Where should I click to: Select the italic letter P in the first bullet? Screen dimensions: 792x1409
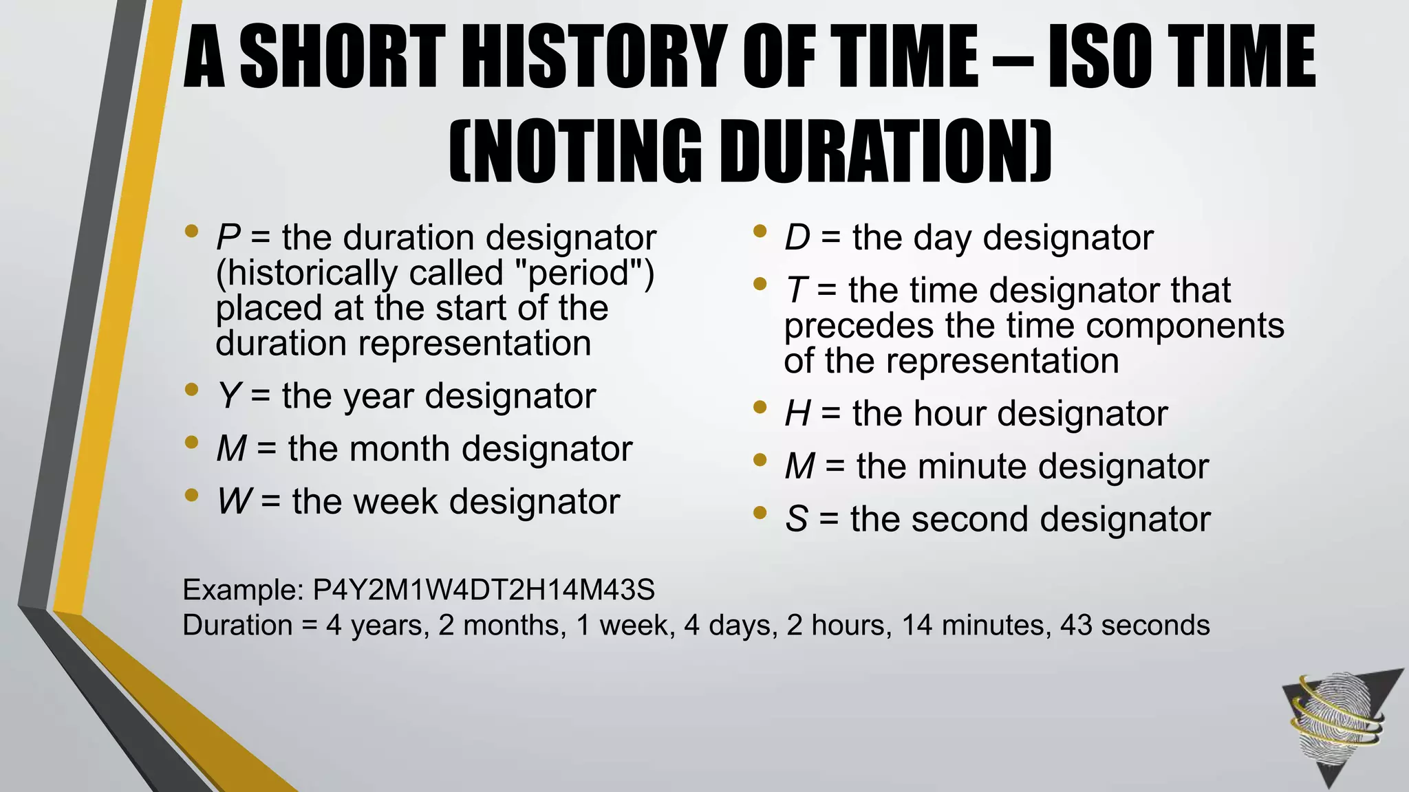click(x=228, y=238)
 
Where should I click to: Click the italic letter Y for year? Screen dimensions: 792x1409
click(x=228, y=397)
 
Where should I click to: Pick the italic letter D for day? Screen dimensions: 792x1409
click(x=797, y=238)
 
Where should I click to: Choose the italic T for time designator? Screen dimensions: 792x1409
click(x=795, y=290)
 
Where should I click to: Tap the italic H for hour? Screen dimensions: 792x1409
click(x=797, y=414)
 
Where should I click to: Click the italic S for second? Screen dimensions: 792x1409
click(x=796, y=520)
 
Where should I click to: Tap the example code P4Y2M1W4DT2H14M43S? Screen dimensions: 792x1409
click(x=484, y=590)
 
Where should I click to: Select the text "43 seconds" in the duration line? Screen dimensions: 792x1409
click(x=1134, y=626)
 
